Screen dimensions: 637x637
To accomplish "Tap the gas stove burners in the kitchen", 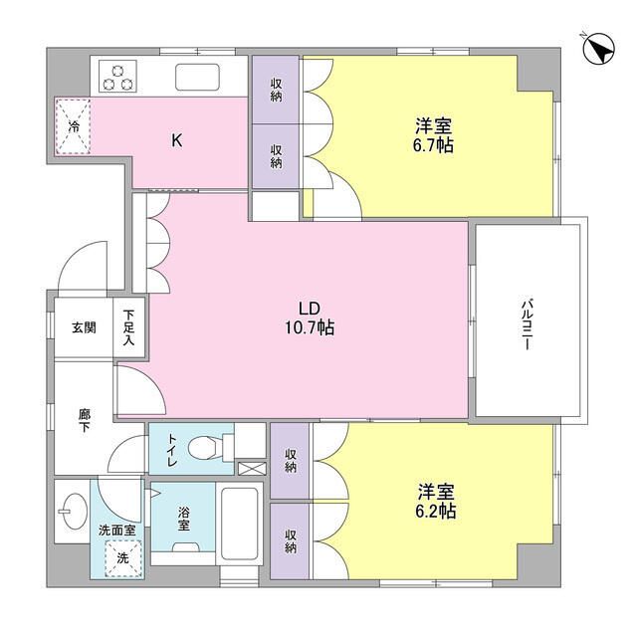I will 119,77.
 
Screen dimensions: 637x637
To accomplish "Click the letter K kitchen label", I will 177,140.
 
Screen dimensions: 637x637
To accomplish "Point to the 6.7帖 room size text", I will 435,145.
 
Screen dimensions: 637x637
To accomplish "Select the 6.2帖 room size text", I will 435,511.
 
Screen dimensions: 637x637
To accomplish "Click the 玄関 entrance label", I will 83,327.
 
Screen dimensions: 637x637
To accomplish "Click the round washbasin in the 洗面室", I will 72,516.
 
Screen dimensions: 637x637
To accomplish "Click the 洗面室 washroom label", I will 118,531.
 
